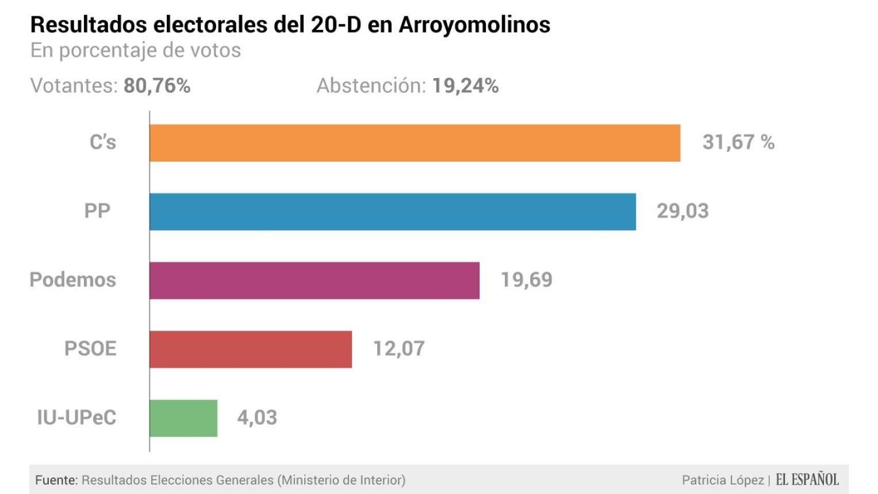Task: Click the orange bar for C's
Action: click(415, 143)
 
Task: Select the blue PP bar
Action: click(393, 212)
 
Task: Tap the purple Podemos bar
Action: click(314, 280)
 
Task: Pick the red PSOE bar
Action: click(251, 349)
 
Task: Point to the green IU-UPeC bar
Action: click(183, 418)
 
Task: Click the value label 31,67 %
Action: click(738, 143)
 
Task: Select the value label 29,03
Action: click(682, 211)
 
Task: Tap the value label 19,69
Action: click(526, 280)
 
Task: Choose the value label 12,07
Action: click(399, 349)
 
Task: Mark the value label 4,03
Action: click(257, 417)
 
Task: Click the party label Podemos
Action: click(73, 280)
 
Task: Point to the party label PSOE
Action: click(90, 349)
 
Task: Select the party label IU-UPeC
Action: click(77, 417)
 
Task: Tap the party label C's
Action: click(103, 143)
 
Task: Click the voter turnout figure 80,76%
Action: click(157, 86)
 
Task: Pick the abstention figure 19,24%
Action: click(465, 86)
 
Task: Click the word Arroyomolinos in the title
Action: click(475, 25)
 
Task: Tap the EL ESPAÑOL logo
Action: click(807, 480)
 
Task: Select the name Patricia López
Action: click(723, 480)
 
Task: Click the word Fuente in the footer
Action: click(56, 480)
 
